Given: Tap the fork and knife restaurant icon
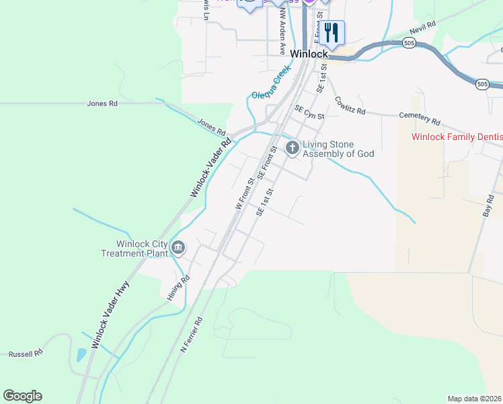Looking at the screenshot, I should pos(332,32).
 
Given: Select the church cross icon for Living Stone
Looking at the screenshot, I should pos(292,148).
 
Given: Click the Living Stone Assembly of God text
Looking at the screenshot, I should pos(338,149).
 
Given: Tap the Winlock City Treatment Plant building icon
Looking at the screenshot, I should pos(178,248).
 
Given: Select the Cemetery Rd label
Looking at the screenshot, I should pos(419,119).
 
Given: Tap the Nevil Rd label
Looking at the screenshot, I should pos(422,31).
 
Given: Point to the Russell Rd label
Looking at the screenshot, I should pos(26,353).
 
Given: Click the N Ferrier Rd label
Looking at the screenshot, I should pos(192,336).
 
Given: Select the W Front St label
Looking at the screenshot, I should pos(243,193).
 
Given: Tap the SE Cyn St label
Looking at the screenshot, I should pos(309,112).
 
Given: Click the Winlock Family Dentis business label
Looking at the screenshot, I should pos(457,137).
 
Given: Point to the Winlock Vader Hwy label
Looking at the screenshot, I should pos(110,314).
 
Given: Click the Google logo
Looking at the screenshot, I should pos(22,396).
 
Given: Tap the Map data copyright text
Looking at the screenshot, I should pos(474,399).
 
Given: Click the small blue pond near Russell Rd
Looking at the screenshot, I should pos(81,355).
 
